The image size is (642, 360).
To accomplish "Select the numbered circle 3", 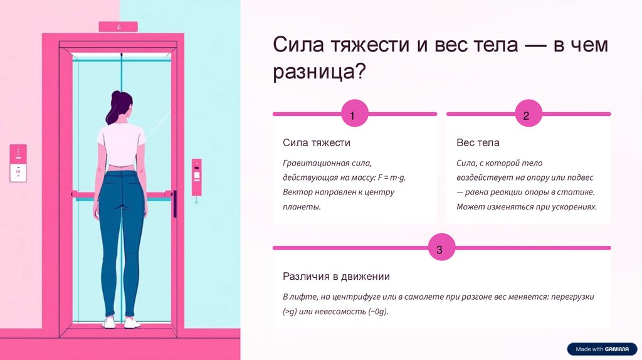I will [439, 249].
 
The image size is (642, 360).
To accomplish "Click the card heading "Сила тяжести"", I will [317, 143].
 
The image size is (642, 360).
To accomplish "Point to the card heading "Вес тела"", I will [478, 143].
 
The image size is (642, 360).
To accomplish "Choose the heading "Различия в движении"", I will [336, 277].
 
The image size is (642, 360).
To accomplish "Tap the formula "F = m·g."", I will [396, 177].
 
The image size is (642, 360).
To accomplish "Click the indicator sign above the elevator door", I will [118, 27].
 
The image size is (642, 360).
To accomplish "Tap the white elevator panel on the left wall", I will [18, 163].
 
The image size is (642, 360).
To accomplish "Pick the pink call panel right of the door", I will [197, 177].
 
